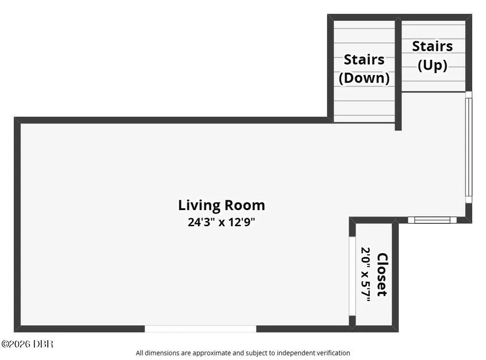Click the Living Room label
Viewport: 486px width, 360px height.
221,205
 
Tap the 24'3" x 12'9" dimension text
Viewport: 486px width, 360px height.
221,222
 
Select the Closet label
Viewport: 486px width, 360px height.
383,275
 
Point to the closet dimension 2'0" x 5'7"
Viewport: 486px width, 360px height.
366,274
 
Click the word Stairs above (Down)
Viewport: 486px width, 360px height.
364,60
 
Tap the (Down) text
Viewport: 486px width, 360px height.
364,78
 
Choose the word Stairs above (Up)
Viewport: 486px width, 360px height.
432,46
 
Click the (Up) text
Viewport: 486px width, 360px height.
432,65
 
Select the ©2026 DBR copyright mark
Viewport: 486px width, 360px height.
28,344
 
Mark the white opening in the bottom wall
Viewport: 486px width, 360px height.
201,329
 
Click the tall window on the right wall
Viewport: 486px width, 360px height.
468,148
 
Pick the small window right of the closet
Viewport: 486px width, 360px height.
432,220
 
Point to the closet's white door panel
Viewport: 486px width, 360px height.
352,276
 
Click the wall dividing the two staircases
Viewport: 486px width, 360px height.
398,74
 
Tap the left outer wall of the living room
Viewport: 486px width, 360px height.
18,224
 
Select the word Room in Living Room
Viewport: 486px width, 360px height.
245,205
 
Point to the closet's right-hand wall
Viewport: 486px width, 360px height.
395,275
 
